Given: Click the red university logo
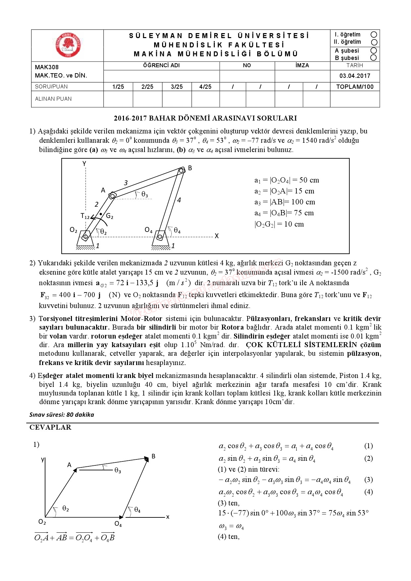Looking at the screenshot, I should click(x=68, y=45).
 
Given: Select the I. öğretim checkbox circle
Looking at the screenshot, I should click(x=374, y=34).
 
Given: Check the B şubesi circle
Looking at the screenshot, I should click(x=374, y=58).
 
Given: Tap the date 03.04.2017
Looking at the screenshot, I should click(x=355, y=76).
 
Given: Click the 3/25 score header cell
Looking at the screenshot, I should click(x=177, y=87).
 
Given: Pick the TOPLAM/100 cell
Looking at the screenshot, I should click(x=355, y=87).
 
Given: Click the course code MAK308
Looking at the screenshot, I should click(x=47, y=67).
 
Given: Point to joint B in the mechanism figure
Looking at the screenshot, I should click(x=181, y=171).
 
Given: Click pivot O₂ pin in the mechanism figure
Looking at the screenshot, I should click(x=86, y=237).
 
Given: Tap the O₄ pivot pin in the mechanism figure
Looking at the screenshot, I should click(x=160, y=237).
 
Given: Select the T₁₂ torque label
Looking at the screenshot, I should click(x=85, y=216).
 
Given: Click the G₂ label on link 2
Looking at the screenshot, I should click(x=110, y=216).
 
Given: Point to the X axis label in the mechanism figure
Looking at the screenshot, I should click(x=217, y=236).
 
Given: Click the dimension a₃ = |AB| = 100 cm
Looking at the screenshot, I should click(x=284, y=202).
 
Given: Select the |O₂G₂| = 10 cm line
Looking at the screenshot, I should click(x=279, y=224).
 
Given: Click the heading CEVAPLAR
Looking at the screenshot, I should click(x=50, y=427).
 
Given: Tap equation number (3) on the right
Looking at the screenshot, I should click(x=368, y=480).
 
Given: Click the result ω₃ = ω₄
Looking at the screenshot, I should click(x=231, y=526).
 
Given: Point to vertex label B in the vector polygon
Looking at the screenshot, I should click(x=153, y=456).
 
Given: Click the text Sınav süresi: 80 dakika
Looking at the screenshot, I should click(x=62, y=415).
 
